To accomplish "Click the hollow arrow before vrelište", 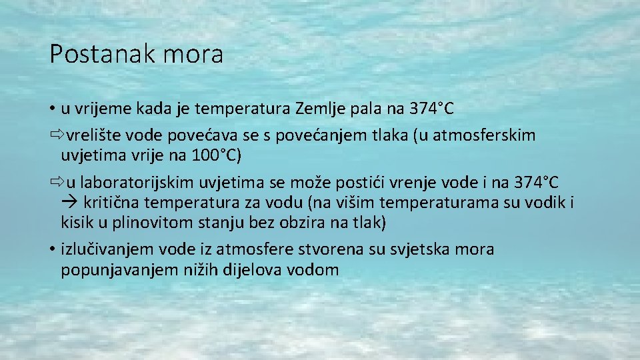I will point(55,136).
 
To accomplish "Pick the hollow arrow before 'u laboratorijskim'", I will point(55,182).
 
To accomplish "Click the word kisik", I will point(77,222).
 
